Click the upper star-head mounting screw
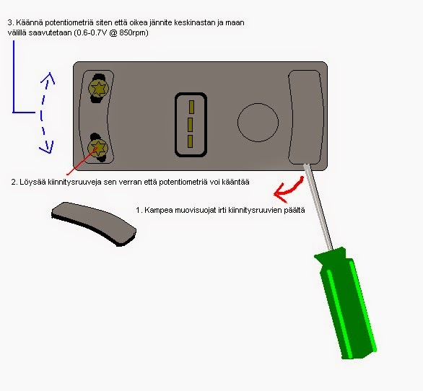(98, 88)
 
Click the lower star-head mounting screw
(97, 147)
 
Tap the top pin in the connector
(191, 107)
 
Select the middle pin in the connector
(190, 125)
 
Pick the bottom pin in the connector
(190, 141)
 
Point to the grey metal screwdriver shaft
(318, 207)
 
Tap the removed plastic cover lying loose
(94, 224)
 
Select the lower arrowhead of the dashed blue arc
(47, 147)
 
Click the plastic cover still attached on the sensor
(305, 117)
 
